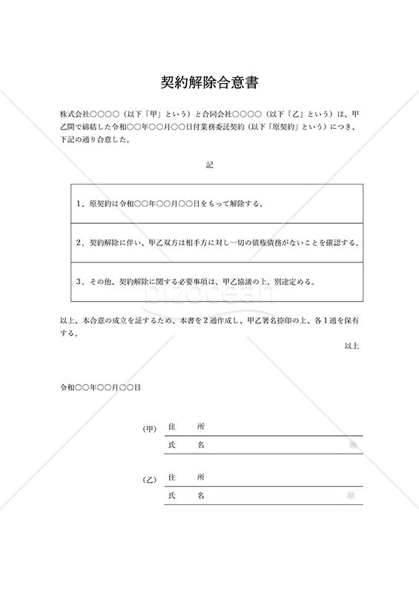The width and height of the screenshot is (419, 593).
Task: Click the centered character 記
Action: pyautogui.click(x=209, y=165)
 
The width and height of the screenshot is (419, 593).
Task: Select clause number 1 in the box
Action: pyautogui.click(x=79, y=203)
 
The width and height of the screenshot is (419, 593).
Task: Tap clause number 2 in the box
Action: pyautogui.click(x=79, y=242)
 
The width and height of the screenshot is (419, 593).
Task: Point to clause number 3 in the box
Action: pyautogui.click(x=79, y=282)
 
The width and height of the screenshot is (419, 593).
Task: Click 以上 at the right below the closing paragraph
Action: pyautogui.click(x=352, y=345)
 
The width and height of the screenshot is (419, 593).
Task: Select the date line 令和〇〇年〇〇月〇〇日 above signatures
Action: pyautogui.click(x=101, y=387)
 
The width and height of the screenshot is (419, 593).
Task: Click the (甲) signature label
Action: pyautogui.click(x=149, y=428)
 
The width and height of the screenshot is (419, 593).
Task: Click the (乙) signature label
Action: pyautogui.click(x=149, y=480)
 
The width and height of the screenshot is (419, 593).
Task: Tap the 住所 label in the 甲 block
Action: pyautogui.click(x=186, y=427)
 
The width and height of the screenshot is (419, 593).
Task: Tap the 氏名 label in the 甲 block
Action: pyautogui.click(x=186, y=445)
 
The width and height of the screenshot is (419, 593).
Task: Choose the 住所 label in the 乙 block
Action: pyautogui.click(x=186, y=477)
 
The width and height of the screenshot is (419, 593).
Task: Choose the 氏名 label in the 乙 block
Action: pyautogui.click(x=186, y=495)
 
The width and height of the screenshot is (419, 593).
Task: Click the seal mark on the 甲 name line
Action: pyautogui.click(x=352, y=445)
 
